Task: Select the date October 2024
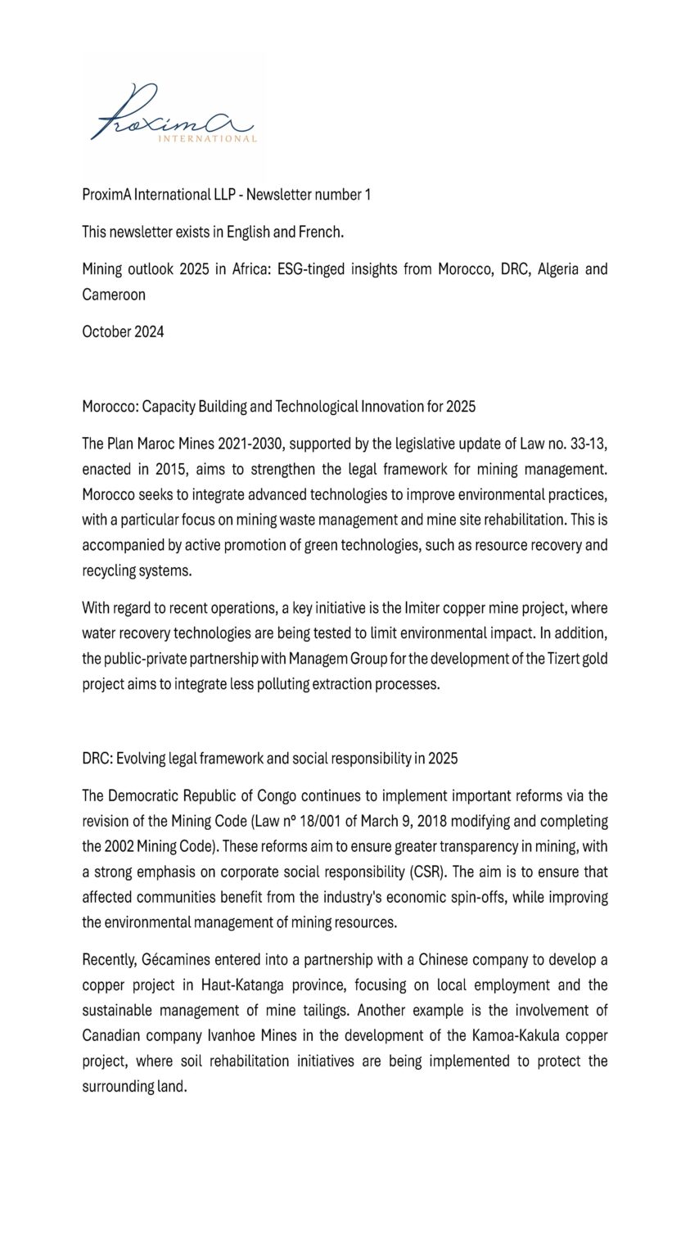(x=123, y=331)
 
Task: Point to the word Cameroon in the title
(x=114, y=295)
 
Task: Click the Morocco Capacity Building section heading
(x=278, y=406)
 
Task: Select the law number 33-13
(x=586, y=444)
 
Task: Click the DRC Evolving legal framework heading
(x=269, y=758)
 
